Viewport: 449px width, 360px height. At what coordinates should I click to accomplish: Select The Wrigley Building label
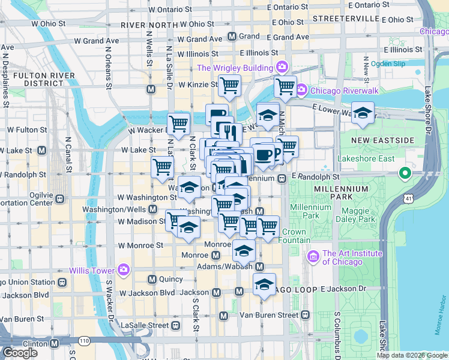pos(235,68)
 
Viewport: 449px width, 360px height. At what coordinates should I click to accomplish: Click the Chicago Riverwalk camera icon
pos(301,91)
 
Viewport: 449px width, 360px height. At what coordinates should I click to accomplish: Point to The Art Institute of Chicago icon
pos(313,257)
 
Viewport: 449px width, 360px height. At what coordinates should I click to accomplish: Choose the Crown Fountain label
pos(294,236)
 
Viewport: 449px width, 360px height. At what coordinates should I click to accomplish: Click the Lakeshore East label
pos(366,159)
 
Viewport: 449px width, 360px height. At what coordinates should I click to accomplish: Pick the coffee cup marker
pos(262,154)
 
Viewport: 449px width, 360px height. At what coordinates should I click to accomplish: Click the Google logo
pos(20,352)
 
